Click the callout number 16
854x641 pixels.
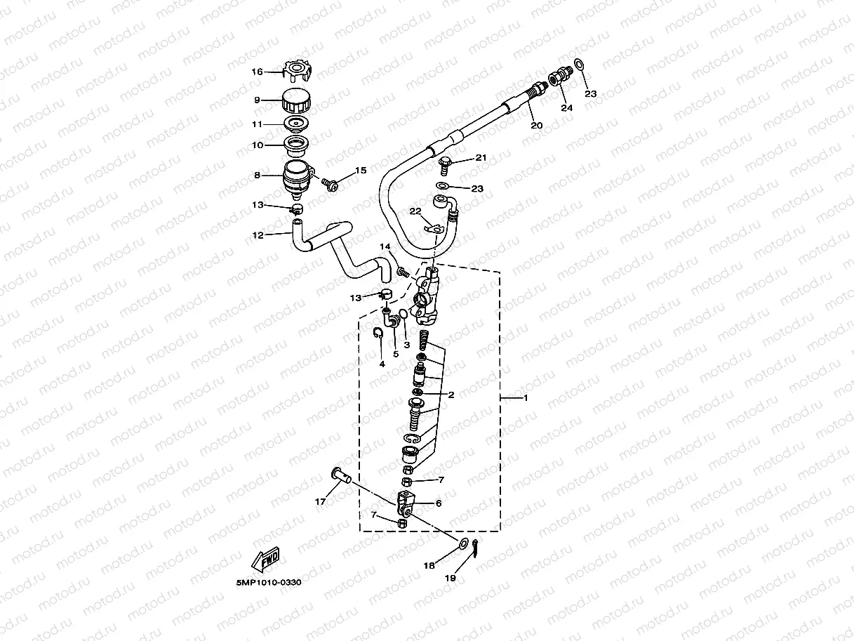click(257, 72)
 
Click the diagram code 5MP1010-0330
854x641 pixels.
click(270, 583)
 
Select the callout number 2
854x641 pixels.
click(451, 395)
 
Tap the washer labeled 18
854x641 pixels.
click(463, 543)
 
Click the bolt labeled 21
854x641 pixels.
click(445, 164)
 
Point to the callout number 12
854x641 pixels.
click(258, 235)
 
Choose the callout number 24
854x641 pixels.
click(566, 108)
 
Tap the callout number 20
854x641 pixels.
click(536, 126)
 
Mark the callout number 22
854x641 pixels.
click(415, 211)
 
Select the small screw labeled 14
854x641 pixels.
click(402, 271)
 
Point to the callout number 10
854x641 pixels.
click(257, 145)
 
